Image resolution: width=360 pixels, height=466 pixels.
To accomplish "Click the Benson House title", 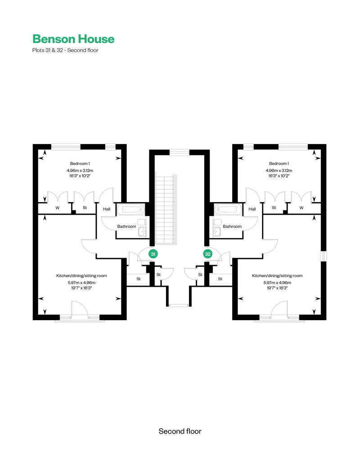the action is [73, 39].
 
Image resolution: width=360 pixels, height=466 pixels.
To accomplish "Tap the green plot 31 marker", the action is [153, 254].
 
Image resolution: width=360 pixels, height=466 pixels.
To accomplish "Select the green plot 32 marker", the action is [207, 254].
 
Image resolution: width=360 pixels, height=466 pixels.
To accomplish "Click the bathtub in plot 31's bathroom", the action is [131, 210].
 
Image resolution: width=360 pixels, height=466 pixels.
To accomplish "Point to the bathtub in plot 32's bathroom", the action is [228, 210].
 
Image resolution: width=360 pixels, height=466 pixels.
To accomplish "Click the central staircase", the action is [166, 209].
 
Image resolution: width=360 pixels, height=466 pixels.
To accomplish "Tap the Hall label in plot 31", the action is [107, 209].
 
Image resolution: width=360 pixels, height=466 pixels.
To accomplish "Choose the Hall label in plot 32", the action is [252, 209].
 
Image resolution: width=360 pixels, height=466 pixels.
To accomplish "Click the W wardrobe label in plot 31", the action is [57, 208].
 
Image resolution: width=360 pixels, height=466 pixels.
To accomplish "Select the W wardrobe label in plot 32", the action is [301, 208].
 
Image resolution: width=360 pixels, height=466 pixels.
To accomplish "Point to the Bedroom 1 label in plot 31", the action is [80, 163].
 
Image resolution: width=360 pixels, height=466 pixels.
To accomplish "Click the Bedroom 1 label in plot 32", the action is [279, 163].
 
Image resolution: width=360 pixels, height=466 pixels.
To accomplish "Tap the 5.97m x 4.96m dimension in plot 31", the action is [82, 283].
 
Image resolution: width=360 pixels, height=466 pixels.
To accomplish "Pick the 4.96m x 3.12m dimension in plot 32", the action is [279, 171].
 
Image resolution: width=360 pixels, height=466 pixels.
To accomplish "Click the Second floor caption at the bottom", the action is [180, 431].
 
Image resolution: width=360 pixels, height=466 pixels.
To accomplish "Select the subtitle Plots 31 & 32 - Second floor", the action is [65, 50].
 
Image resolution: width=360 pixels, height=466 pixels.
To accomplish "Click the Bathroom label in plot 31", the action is [126, 226].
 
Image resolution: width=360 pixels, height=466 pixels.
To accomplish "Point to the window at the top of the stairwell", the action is [180, 153].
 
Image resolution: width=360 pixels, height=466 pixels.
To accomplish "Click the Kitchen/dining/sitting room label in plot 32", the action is [278, 276].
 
